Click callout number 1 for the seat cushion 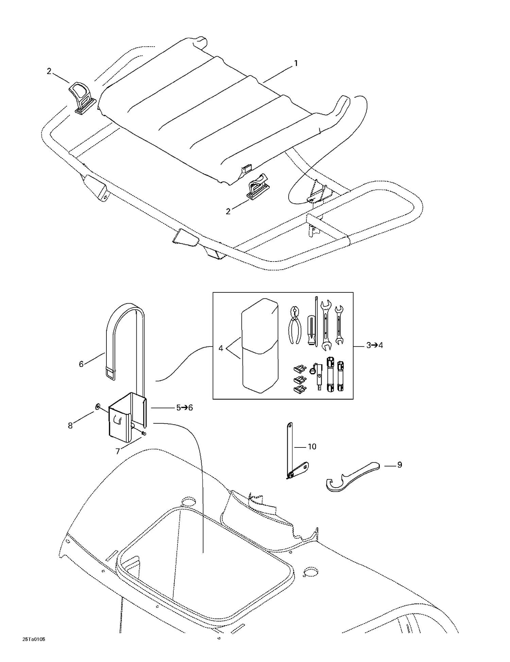click(x=296, y=63)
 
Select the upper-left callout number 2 click(x=49, y=71)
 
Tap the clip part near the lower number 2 click(x=258, y=187)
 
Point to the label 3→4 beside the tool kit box click(x=374, y=345)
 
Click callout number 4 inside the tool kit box click(x=221, y=348)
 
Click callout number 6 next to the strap click(x=81, y=364)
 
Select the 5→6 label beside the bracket click(x=184, y=408)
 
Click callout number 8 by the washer click(x=70, y=426)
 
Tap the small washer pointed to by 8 click(x=97, y=406)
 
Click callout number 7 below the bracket click(x=118, y=451)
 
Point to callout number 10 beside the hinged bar click(x=312, y=446)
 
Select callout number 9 click(x=400, y=464)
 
